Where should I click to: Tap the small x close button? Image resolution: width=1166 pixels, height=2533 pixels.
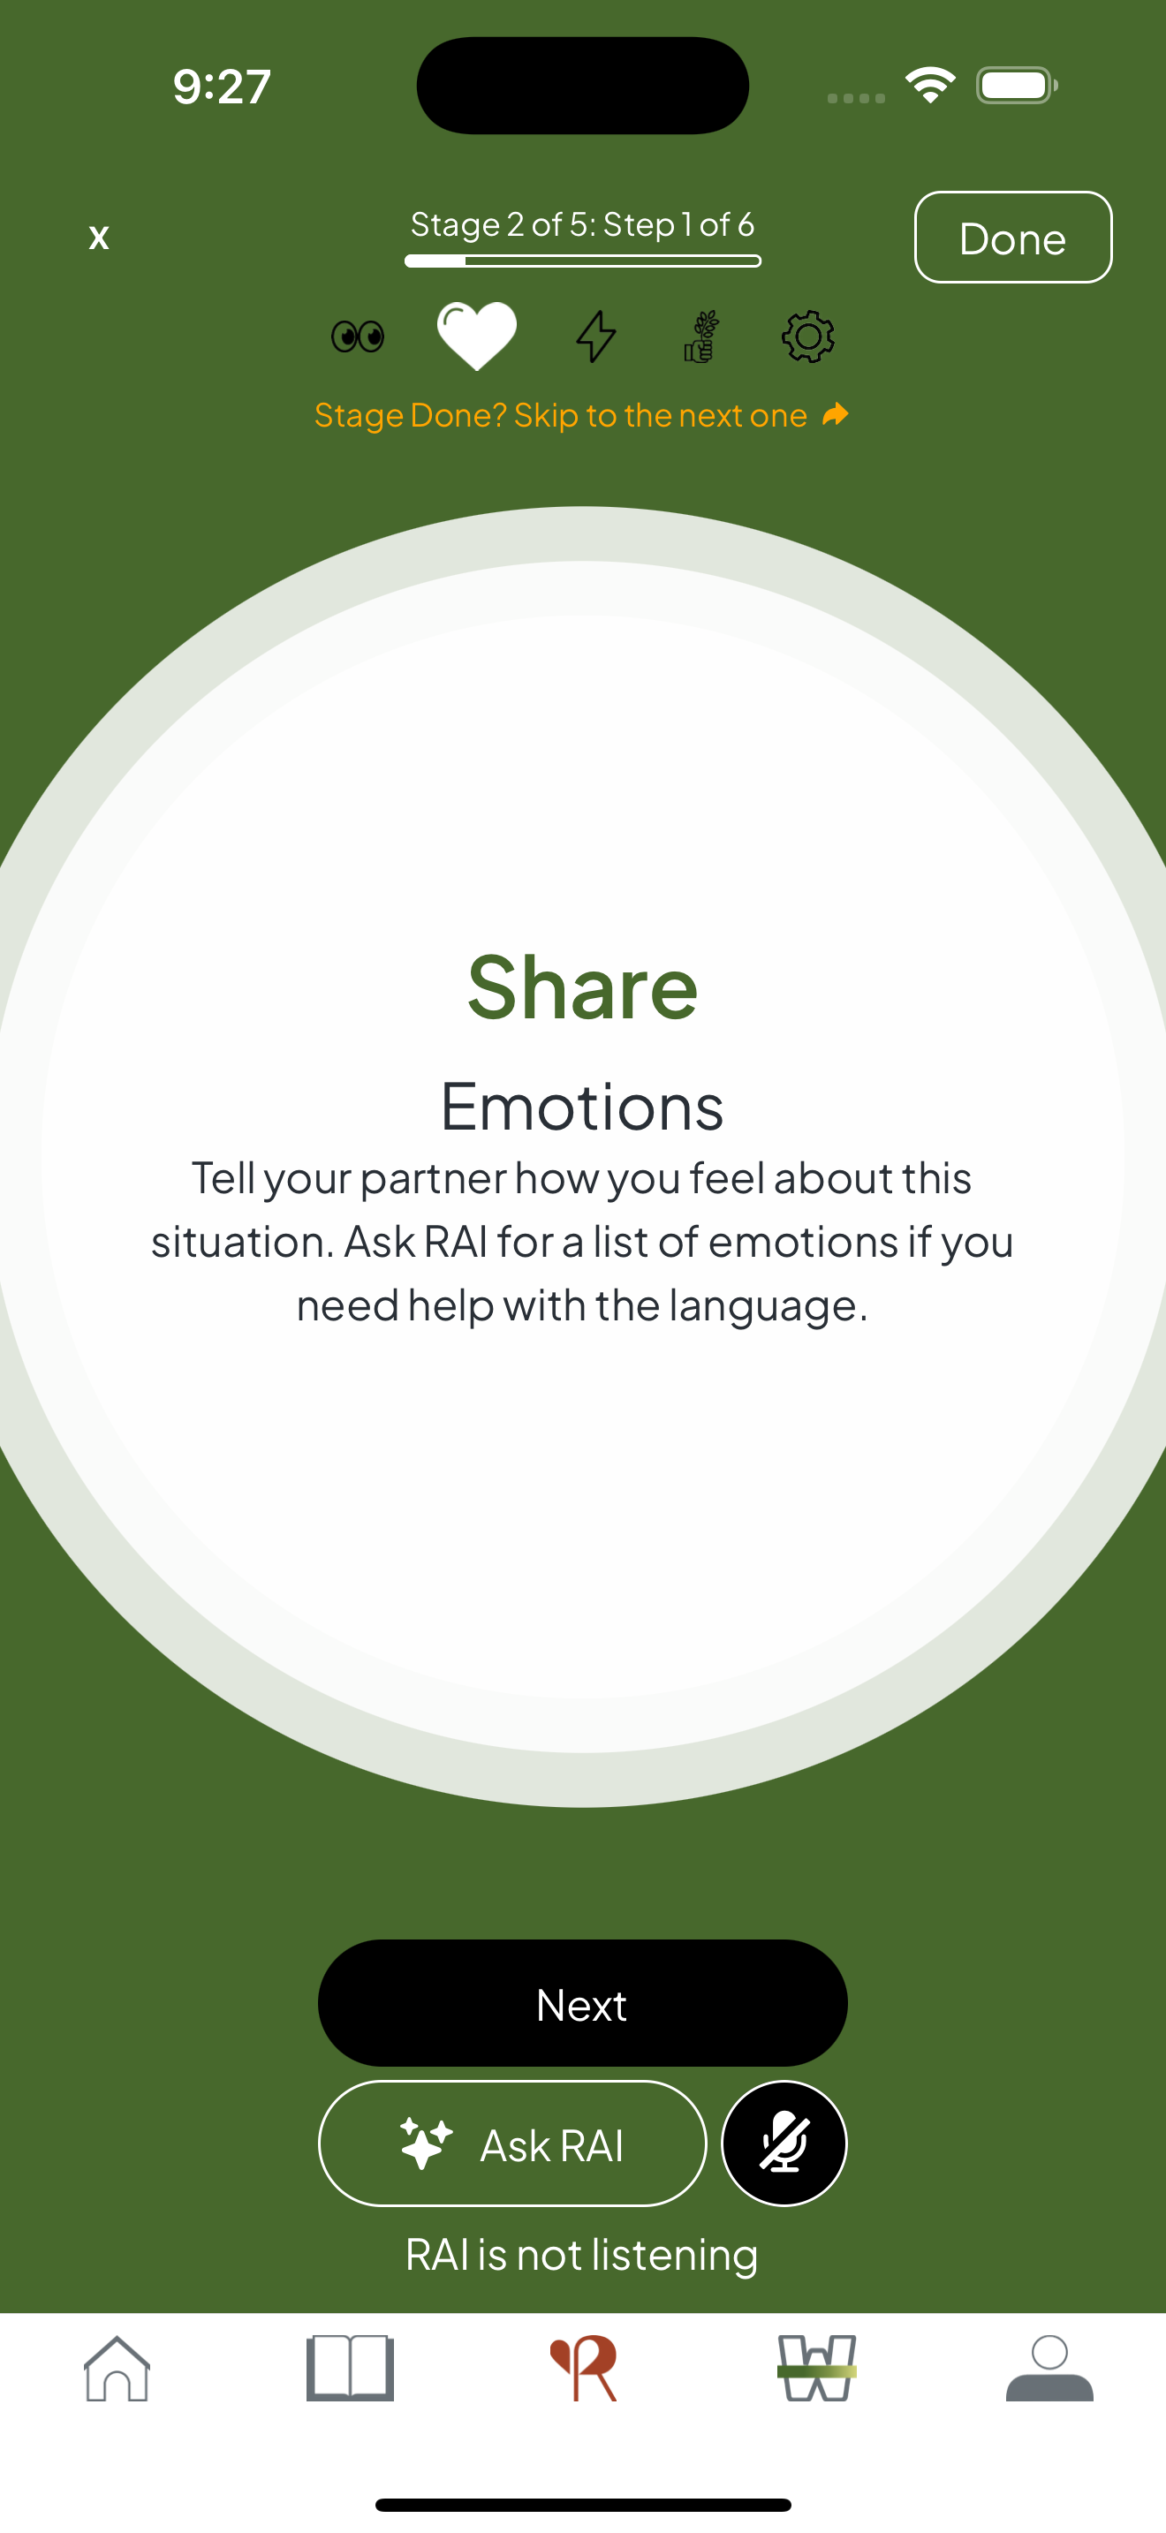click(x=98, y=237)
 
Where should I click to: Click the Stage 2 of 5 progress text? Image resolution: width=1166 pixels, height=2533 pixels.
click(x=582, y=224)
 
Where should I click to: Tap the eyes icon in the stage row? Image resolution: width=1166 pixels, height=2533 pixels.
click(x=358, y=336)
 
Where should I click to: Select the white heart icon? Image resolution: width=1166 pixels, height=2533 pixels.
click(x=477, y=336)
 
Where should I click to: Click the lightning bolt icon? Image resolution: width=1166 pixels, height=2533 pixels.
click(x=595, y=336)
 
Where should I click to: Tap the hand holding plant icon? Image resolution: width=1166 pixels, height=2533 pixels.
click(x=701, y=336)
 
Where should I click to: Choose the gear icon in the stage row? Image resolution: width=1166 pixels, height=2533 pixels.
click(x=808, y=336)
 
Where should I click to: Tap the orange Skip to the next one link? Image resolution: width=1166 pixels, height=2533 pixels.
click(x=580, y=415)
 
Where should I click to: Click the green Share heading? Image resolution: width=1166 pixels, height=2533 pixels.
click(x=582, y=987)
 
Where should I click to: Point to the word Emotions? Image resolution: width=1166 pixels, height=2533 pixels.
click(x=582, y=1107)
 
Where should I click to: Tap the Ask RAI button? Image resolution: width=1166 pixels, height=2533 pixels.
click(x=512, y=2144)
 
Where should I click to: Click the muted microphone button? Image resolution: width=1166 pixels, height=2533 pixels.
click(x=784, y=2144)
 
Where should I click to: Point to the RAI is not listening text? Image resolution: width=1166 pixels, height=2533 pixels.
click(x=582, y=2254)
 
